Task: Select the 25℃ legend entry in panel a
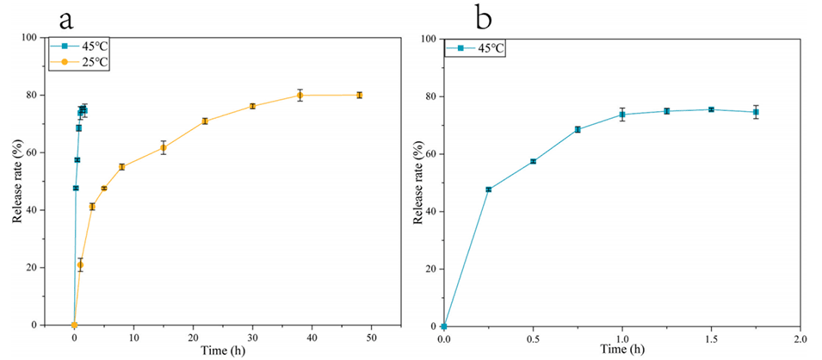click(x=95, y=61)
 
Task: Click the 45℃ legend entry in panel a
click(x=95, y=47)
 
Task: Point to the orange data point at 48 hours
click(x=359, y=95)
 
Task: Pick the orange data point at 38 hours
click(x=300, y=95)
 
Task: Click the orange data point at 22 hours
click(x=205, y=121)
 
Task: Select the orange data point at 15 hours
click(x=163, y=147)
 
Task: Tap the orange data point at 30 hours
click(x=252, y=106)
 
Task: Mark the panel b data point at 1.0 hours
click(x=622, y=115)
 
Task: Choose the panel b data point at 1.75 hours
click(x=756, y=112)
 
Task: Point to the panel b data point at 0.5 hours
click(x=533, y=161)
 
